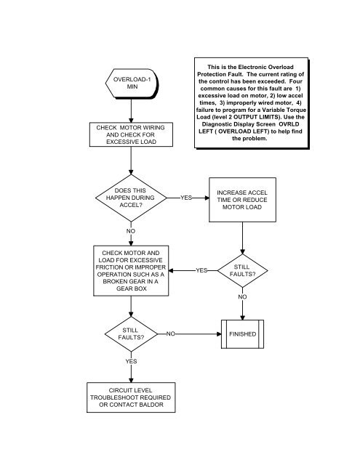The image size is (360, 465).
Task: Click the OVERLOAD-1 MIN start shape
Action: point(132,84)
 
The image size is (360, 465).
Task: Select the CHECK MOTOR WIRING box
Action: point(131,134)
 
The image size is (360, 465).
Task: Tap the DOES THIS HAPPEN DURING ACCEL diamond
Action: point(131,198)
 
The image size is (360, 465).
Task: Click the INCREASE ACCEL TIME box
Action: point(242,200)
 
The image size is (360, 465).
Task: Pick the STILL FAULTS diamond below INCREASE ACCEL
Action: point(242,270)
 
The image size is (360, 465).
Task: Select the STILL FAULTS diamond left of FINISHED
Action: point(131,334)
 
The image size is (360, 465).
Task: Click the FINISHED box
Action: point(242,334)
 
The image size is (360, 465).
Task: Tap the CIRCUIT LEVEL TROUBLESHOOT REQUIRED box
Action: point(131,397)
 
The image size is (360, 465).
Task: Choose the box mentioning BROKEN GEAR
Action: point(131,270)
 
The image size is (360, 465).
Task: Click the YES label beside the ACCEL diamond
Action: point(186,198)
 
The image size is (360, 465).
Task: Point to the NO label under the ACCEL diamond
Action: point(131,231)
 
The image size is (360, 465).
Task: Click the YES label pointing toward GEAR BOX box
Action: point(201,270)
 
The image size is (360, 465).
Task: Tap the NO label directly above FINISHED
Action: point(242,297)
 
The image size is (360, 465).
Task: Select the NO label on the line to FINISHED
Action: point(170,334)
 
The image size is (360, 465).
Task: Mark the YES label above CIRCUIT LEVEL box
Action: point(131,361)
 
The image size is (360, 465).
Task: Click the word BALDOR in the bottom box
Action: point(151,405)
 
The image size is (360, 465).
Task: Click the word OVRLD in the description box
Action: point(289,124)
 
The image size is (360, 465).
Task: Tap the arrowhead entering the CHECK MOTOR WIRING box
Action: point(131,120)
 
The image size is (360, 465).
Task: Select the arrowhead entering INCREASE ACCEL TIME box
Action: point(207,198)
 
